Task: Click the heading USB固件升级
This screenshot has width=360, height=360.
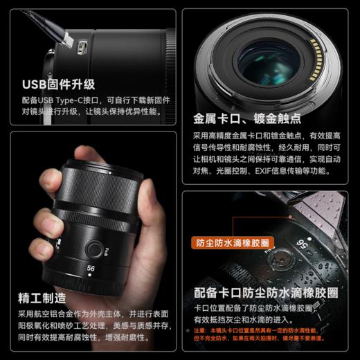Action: coord(58,85)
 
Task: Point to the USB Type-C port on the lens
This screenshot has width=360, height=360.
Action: coord(82,48)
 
